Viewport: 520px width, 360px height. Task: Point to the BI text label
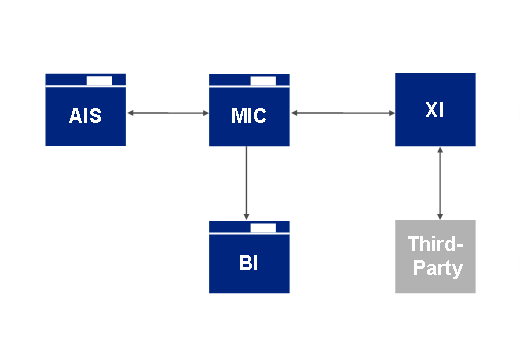tap(248, 263)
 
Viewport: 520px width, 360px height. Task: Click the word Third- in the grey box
tap(435, 245)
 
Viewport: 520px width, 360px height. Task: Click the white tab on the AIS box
tap(100, 79)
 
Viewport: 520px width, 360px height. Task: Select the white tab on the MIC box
tap(263, 79)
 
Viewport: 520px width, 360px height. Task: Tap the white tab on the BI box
tap(263, 228)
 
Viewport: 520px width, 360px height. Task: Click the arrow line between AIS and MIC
tap(167, 113)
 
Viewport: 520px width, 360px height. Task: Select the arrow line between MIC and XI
tap(342, 113)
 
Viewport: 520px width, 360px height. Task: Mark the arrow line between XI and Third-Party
tap(441, 182)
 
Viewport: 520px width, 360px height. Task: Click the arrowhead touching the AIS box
tap(132, 113)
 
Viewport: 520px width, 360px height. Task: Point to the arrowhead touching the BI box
tap(246, 215)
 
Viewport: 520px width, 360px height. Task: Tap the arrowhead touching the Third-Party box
tap(441, 214)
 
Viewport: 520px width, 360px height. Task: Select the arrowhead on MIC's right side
tap(295, 113)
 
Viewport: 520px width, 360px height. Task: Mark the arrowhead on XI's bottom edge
tap(441, 151)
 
